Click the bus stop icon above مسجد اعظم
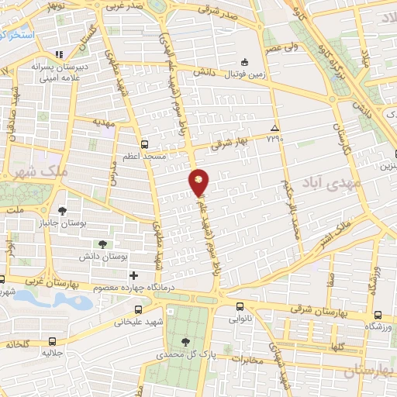[144, 143]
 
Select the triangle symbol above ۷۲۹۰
[274, 127]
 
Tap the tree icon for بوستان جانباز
[63, 209]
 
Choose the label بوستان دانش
[105, 256]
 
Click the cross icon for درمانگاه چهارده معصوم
[134, 274]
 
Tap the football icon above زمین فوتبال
[244, 62]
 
